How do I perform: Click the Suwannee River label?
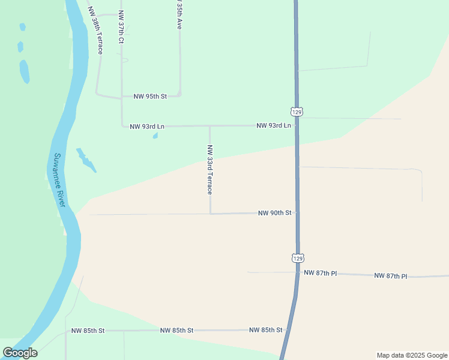pyautogui.click(x=59, y=181)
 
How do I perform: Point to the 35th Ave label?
pyautogui.click(x=179, y=15)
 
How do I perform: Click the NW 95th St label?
pyautogui.click(x=149, y=96)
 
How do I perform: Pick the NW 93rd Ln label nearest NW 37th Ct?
pyautogui.click(x=147, y=127)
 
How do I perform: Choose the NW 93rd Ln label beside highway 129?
pyautogui.click(x=273, y=125)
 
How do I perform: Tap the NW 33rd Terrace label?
pyautogui.click(x=209, y=170)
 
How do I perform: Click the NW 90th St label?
pyautogui.click(x=274, y=213)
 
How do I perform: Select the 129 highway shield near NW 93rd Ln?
pyautogui.click(x=297, y=112)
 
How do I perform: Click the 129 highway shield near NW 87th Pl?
pyautogui.click(x=298, y=257)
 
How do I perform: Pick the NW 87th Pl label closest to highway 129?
pyautogui.click(x=320, y=273)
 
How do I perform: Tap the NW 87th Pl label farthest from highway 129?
pyautogui.click(x=390, y=276)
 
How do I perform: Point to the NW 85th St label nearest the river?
pyautogui.click(x=88, y=331)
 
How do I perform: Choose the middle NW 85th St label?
pyautogui.click(x=176, y=331)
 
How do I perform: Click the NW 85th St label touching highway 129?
pyautogui.click(x=265, y=330)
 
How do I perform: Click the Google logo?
pyautogui.click(x=20, y=353)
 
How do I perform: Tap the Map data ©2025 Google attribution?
pyautogui.click(x=412, y=355)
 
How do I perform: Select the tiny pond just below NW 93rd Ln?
pyautogui.click(x=155, y=136)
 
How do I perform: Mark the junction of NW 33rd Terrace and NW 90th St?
pyautogui.click(x=210, y=214)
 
